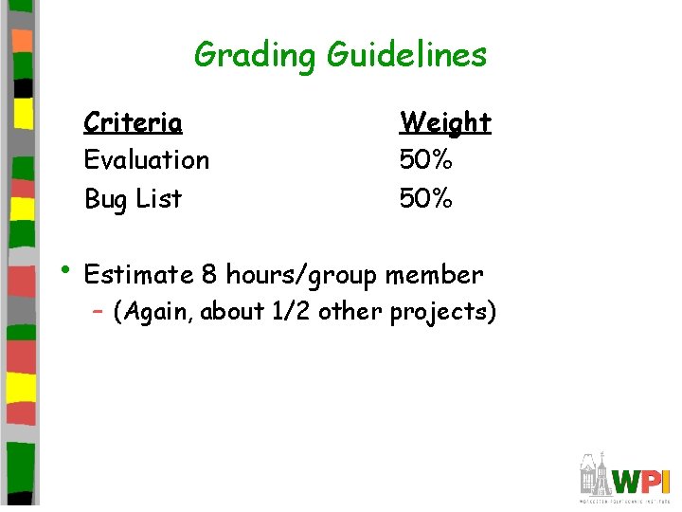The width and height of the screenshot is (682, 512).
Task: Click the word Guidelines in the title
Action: coord(406,54)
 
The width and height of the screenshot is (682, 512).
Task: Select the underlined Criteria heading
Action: coord(133,122)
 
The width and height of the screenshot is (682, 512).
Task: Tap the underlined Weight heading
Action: coord(445,122)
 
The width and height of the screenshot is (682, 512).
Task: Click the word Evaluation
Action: coord(147,159)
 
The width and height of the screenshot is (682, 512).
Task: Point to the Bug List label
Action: coord(133,199)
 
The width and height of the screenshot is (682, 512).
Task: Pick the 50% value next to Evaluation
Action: coord(426,159)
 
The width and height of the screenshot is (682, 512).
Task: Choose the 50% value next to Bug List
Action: coord(426,199)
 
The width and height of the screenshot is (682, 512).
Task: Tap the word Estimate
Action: coord(138,275)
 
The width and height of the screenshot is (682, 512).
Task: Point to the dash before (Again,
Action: coord(98,312)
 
